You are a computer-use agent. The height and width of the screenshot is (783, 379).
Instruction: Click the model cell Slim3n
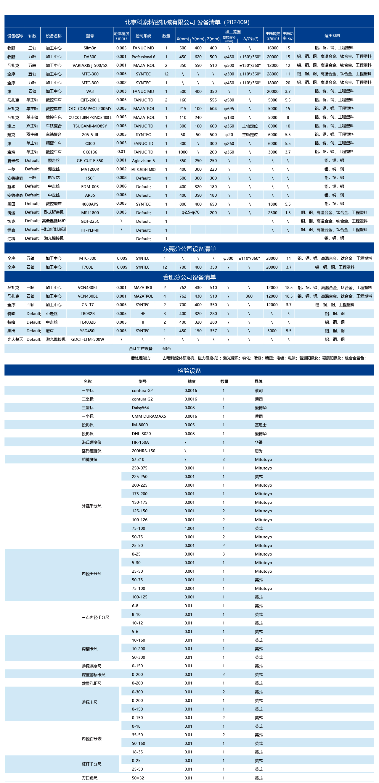pyautogui.click(x=90, y=48)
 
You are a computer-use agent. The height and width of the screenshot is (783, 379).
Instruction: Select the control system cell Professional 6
pyautogui.click(x=143, y=57)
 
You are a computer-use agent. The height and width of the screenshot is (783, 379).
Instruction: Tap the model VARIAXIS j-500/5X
pyautogui.click(x=90, y=65)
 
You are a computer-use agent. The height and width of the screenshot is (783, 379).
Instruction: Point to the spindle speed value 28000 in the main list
pyautogui.click(x=272, y=74)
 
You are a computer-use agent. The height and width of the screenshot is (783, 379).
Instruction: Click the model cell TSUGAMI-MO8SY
pyautogui.click(x=90, y=126)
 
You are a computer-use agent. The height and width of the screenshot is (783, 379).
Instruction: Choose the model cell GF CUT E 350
pyautogui.click(x=90, y=161)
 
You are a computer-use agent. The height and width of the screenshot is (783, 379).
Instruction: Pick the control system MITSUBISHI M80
pyautogui.click(x=143, y=169)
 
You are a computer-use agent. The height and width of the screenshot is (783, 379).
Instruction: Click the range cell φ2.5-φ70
pyautogui.click(x=190, y=212)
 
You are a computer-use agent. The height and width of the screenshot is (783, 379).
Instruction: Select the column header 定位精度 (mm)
pyautogui.click(x=121, y=35)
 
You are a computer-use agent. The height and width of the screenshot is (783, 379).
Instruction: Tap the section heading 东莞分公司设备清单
pyautogui.click(x=189, y=249)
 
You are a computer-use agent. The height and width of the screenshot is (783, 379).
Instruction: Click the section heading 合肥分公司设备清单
pyautogui.click(x=189, y=277)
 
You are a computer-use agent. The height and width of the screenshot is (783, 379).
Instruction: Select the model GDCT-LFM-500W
pyautogui.click(x=88, y=339)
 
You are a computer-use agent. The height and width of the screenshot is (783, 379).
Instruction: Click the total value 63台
pyautogui.click(x=167, y=348)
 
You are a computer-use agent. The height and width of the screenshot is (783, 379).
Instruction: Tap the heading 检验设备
pyautogui.click(x=189, y=370)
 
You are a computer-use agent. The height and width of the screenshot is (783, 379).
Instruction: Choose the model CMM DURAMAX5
pyautogui.click(x=149, y=416)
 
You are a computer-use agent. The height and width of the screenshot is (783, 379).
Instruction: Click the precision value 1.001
pyautogui.click(x=189, y=528)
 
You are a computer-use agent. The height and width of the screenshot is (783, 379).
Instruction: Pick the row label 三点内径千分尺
pyautogui.click(x=95, y=617)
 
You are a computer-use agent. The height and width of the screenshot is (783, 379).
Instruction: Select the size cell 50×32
pyautogui.click(x=138, y=778)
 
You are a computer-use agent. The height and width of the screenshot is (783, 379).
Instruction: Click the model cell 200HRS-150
pyautogui.click(x=143, y=451)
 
